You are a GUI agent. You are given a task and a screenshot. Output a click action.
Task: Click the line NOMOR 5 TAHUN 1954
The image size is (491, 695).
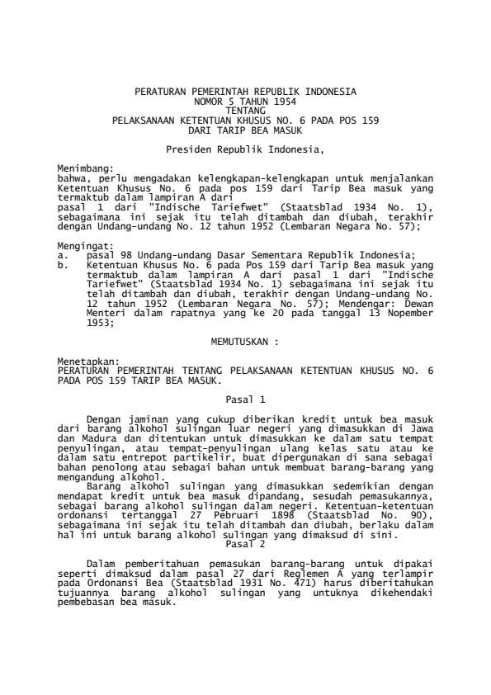point(245,98)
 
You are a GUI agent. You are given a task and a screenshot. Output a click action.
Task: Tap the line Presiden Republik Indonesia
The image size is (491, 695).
point(245,149)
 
